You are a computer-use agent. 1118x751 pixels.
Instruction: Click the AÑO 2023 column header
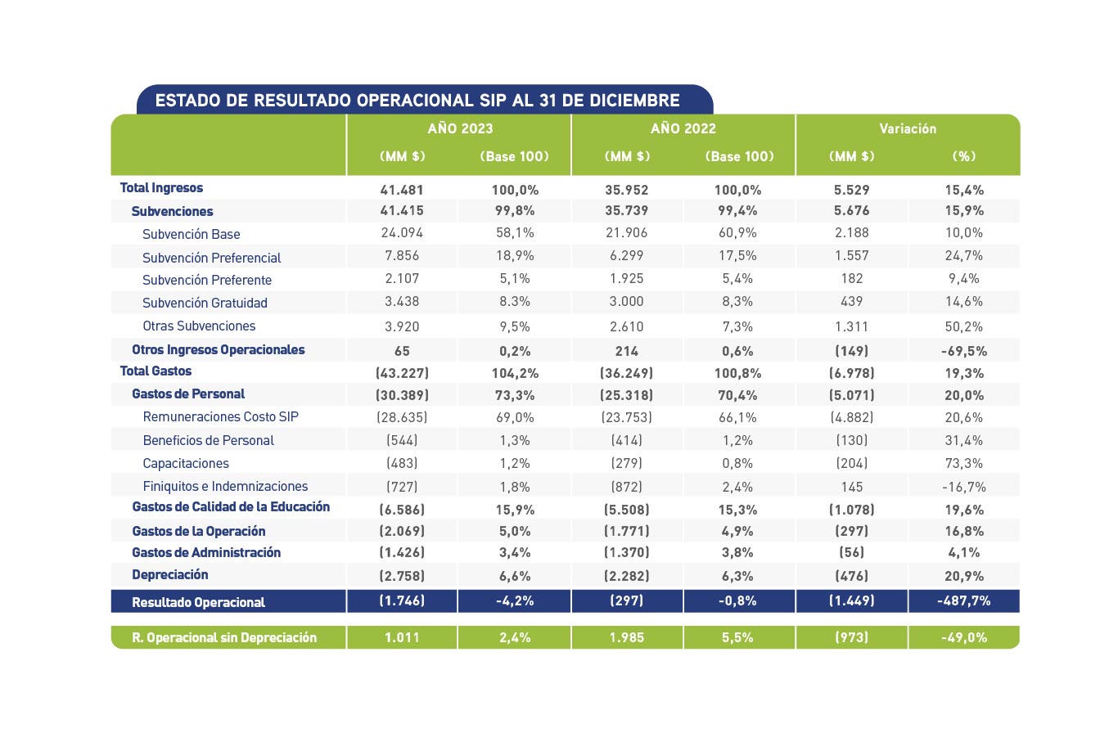point(460,128)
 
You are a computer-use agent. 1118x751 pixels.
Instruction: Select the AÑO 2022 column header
point(683,128)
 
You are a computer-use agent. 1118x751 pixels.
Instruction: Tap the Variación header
point(908,128)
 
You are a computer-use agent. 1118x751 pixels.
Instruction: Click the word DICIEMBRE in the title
point(634,101)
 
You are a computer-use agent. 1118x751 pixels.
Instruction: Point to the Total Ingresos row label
point(161,187)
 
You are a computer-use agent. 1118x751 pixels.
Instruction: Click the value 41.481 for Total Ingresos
point(402,190)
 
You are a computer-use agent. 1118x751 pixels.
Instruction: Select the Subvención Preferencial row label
point(212,258)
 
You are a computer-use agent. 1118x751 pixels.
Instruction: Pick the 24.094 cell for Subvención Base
point(402,233)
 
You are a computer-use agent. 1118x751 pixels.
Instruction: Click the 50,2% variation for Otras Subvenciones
point(964,327)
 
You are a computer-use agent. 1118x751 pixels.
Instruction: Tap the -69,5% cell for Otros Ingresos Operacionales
point(964,351)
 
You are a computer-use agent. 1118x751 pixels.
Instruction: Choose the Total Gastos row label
point(156,371)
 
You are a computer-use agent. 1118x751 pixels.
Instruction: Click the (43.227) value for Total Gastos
point(402,373)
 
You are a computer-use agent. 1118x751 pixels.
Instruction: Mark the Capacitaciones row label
point(186,463)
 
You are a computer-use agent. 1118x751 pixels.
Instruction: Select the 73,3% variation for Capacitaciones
point(964,464)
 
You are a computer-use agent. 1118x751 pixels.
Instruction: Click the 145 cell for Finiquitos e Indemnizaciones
point(851,487)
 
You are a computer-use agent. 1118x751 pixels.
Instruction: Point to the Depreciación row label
point(169,575)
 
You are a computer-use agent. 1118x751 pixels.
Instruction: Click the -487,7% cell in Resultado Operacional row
point(964,600)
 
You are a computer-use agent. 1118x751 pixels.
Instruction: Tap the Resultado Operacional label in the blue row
point(198,602)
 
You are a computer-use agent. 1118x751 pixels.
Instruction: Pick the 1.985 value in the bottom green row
point(626,638)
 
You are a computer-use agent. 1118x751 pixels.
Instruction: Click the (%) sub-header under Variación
point(964,156)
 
